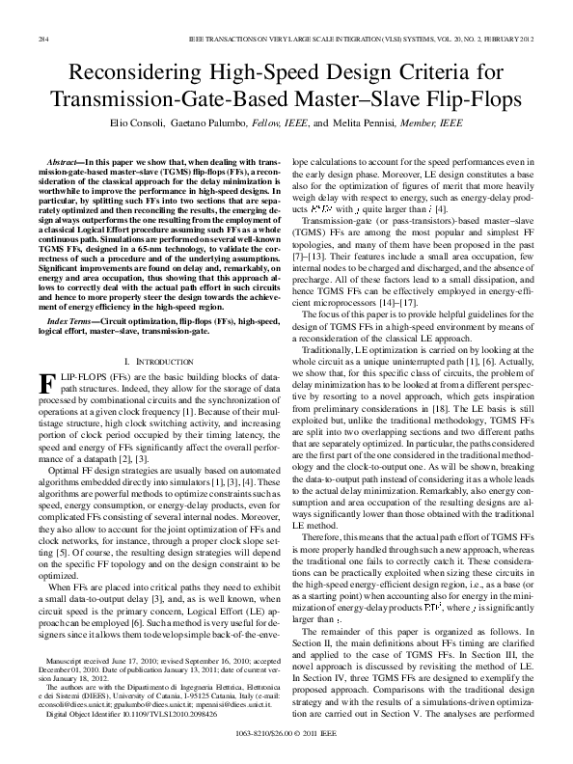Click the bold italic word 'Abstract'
[65, 156]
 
